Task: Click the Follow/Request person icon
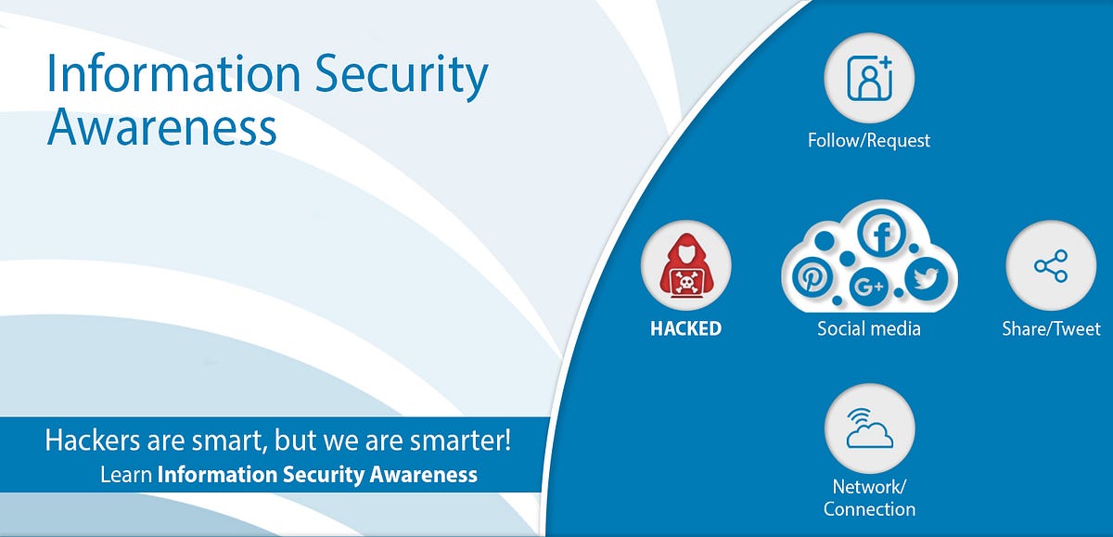869,78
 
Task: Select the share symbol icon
1051,266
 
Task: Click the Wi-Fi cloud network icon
869,429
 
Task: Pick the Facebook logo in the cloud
881,235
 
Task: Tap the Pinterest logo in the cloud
813,277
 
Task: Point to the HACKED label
685,328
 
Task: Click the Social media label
869,328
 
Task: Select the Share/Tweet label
1051,328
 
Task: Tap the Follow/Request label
869,141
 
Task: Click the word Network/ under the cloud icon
866,487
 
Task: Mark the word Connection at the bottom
869,509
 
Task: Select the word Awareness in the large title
162,127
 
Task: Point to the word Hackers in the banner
91,439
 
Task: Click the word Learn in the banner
125,476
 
